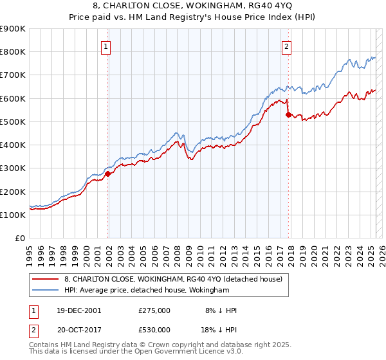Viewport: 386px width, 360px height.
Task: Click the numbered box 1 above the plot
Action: (x=106, y=46)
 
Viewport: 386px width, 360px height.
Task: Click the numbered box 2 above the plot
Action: (x=286, y=46)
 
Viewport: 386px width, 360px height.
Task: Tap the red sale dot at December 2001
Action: (x=108, y=174)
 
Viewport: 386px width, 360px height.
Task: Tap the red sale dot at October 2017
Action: (x=288, y=115)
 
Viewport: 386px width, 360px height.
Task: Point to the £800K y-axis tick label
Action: (x=13, y=52)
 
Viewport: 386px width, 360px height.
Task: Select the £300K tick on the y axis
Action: (x=13, y=168)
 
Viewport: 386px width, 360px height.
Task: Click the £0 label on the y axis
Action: (x=20, y=239)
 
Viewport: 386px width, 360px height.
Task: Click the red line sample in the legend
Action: (x=46, y=279)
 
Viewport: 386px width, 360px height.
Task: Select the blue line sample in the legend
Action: (x=46, y=291)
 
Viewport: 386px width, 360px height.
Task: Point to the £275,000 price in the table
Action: (x=154, y=310)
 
